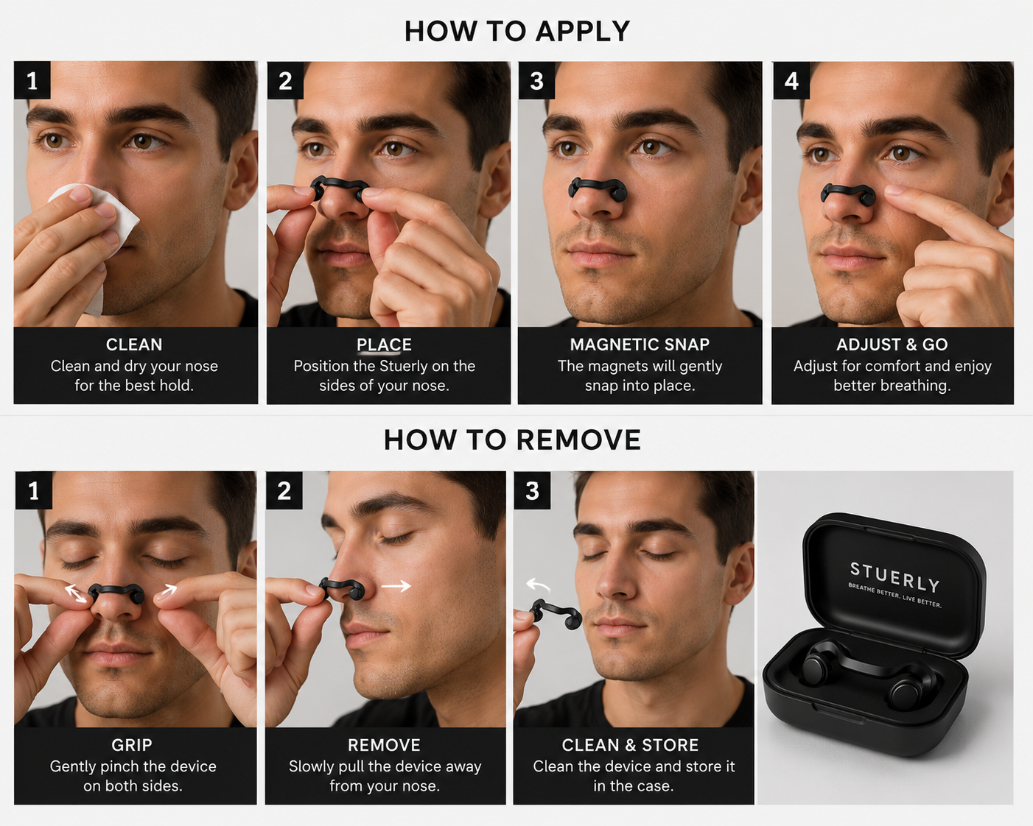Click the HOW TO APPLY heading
tap(516, 32)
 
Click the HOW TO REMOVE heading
tap(512, 440)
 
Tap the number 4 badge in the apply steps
tap(791, 80)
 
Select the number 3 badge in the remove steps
tap(532, 490)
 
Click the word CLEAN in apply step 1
tap(134, 345)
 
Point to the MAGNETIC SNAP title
tap(640, 345)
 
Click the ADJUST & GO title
tap(892, 345)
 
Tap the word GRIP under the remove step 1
tap(132, 745)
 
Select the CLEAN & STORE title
tap(630, 745)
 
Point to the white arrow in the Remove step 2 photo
tap(396, 586)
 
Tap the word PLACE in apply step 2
tap(384, 345)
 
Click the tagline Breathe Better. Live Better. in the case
tap(894, 596)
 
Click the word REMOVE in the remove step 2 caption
tap(384, 745)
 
